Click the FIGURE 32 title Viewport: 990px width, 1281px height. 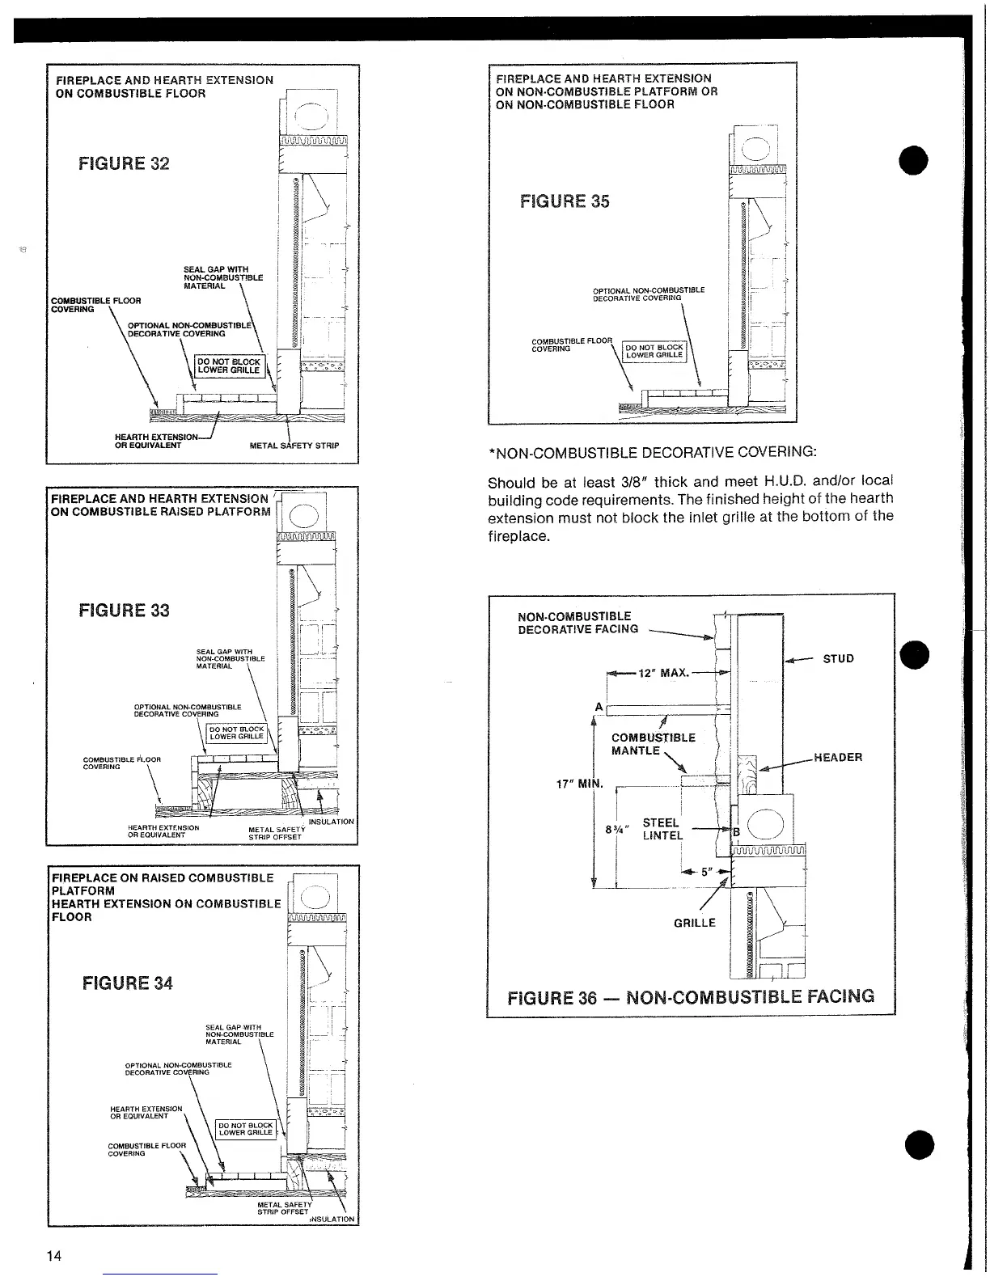tap(124, 163)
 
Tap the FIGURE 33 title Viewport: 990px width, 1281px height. tap(124, 610)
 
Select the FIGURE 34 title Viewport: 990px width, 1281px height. tap(127, 983)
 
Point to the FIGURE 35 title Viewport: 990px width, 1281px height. tap(564, 201)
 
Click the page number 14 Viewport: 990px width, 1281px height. tap(53, 1255)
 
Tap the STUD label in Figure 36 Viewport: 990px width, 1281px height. tap(838, 658)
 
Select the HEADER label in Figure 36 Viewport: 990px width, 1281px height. tap(838, 758)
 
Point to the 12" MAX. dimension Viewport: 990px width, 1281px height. tap(663, 673)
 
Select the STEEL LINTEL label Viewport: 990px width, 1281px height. tap(662, 830)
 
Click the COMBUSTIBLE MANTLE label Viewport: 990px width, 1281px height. tap(653, 744)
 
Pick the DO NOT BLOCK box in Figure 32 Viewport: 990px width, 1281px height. tap(230, 366)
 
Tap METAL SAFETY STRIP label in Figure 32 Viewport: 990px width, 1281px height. tap(294, 446)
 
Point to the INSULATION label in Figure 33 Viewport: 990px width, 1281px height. tap(332, 822)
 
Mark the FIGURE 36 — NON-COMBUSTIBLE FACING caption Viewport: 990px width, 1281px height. tap(691, 996)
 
